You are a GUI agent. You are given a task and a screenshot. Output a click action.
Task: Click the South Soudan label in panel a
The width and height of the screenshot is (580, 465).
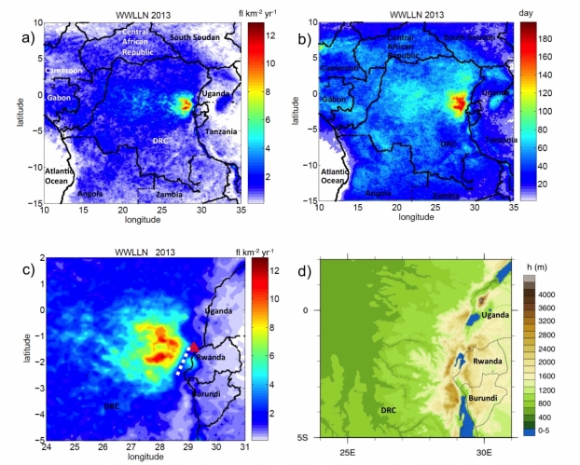(198, 36)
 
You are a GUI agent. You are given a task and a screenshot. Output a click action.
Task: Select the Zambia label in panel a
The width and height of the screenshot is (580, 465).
(168, 194)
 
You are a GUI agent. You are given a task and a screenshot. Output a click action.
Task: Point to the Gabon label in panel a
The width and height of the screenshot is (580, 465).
(61, 97)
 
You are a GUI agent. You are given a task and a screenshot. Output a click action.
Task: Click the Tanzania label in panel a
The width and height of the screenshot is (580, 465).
(222, 130)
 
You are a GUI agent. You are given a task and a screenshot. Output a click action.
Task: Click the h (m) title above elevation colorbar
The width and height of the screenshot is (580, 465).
(537, 260)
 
